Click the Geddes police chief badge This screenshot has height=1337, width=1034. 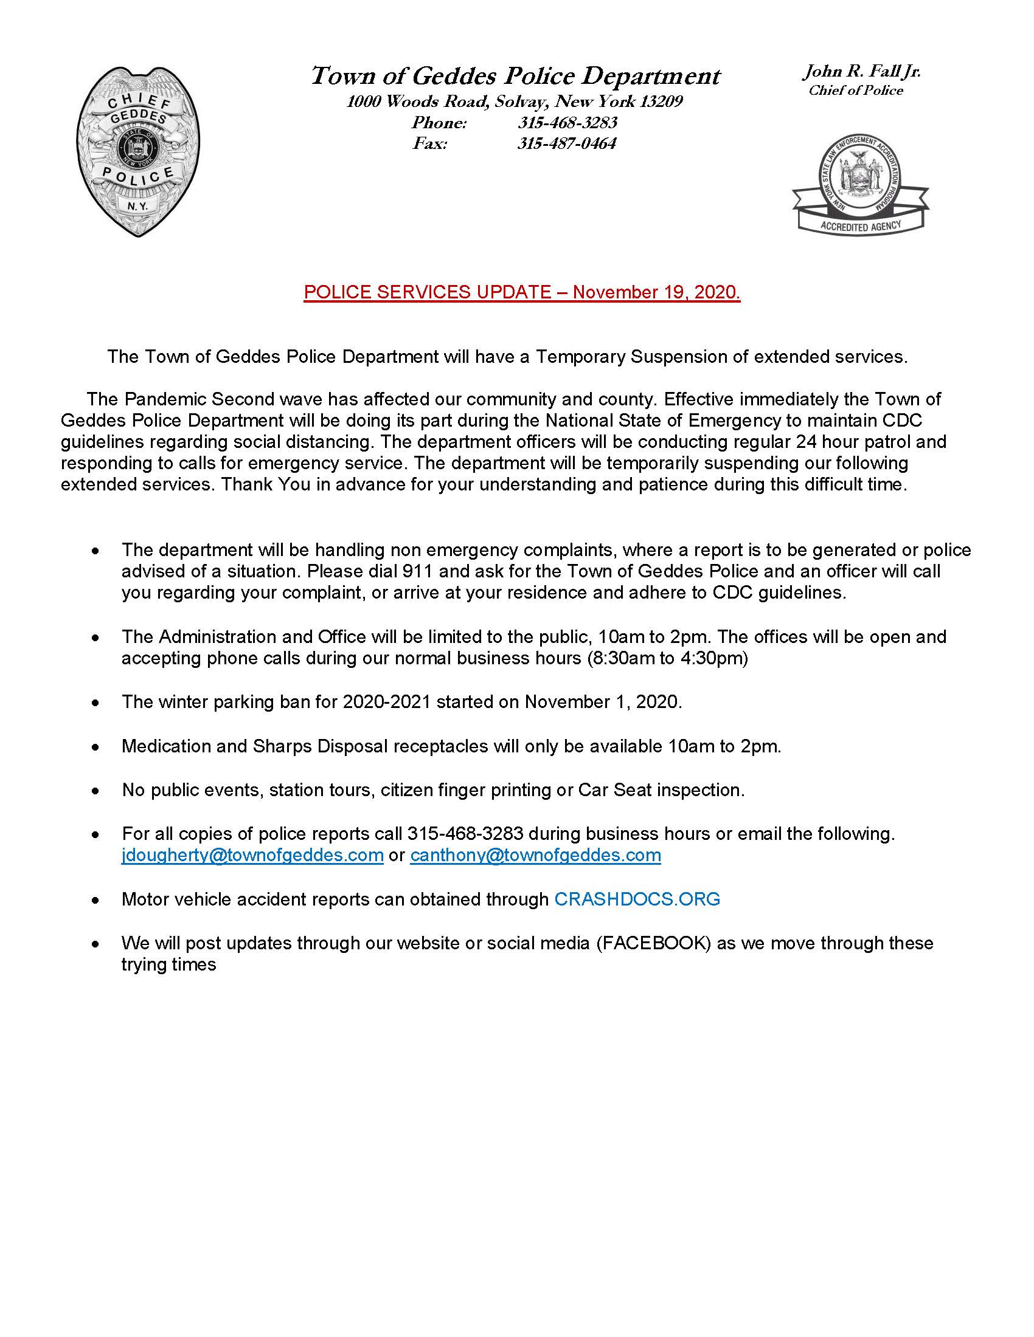coord(139,152)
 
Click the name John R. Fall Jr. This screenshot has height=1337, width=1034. coord(862,72)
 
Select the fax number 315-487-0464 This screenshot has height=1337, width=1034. coord(567,143)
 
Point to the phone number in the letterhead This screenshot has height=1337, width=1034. coord(567,122)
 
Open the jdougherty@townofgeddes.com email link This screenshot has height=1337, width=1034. coord(252,854)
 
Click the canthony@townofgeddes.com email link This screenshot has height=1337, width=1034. coord(535,854)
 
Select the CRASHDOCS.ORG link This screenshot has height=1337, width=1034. coord(637,899)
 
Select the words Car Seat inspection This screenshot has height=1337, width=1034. coord(661,789)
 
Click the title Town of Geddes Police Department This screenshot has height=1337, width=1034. coord(516,76)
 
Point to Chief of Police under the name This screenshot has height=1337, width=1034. coord(856,91)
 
